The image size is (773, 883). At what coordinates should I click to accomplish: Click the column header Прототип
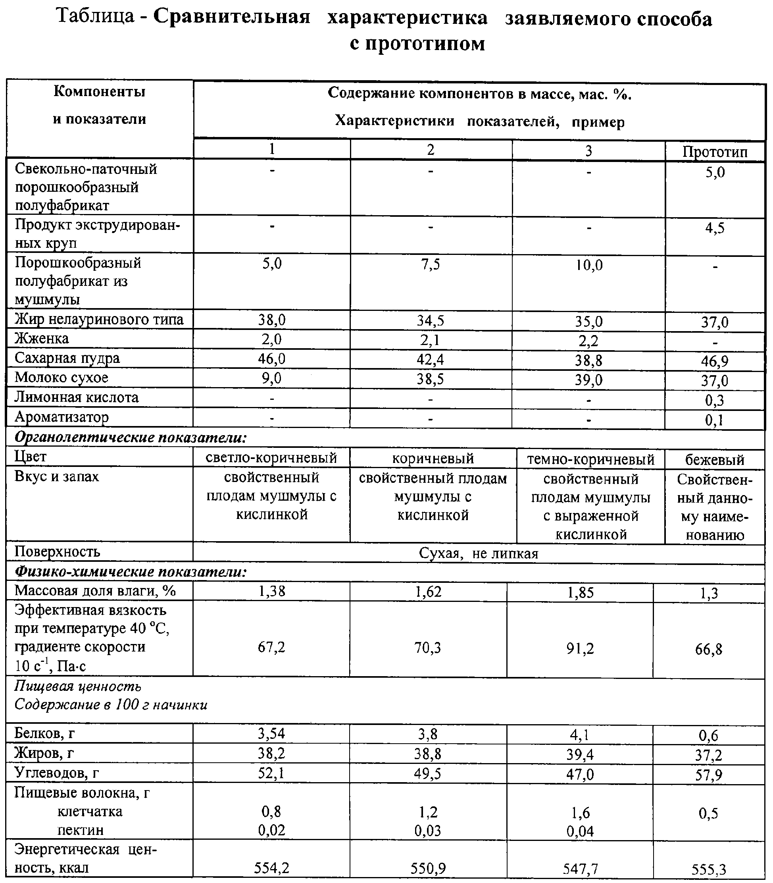[x=714, y=152]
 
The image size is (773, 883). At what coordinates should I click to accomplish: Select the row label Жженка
[x=41, y=339]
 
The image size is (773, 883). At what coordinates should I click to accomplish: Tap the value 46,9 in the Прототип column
[x=714, y=361]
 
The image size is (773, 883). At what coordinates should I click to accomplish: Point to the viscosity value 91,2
[x=580, y=648]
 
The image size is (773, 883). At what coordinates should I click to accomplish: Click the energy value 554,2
[x=271, y=868]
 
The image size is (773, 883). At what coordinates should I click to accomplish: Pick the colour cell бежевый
[x=714, y=460]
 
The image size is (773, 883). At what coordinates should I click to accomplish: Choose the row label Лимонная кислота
[x=76, y=397]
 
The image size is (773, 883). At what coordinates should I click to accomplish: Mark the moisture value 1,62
[x=428, y=592]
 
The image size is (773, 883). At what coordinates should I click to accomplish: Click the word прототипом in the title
[x=417, y=43]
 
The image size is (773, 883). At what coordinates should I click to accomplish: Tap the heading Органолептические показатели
[x=130, y=437]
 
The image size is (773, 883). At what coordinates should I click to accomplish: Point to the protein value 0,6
[x=708, y=735]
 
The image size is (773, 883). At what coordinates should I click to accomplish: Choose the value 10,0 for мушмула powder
[x=588, y=265]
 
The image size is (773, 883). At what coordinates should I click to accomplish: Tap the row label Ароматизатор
[x=61, y=417]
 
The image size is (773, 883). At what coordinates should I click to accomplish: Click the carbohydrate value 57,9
[x=708, y=775]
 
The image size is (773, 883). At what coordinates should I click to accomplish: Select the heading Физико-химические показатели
[x=130, y=572]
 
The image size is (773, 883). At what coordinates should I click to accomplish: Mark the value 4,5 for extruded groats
[x=714, y=228]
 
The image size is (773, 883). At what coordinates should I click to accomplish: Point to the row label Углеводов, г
[x=56, y=773]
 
